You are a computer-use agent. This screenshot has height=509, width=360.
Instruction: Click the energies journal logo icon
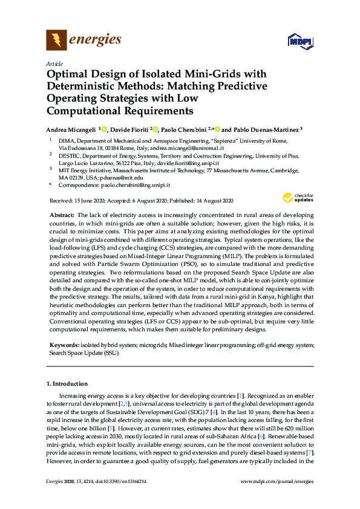click(x=56, y=41)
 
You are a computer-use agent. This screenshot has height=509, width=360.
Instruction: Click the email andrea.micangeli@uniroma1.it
click(x=189, y=148)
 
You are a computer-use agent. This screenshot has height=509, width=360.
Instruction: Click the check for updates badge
click(x=296, y=198)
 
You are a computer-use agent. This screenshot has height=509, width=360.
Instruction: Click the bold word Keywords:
click(x=62, y=345)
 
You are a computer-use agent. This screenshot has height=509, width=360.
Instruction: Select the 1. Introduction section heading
click(x=67, y=383)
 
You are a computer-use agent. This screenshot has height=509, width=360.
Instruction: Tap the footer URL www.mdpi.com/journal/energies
click(x=277, y=497)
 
